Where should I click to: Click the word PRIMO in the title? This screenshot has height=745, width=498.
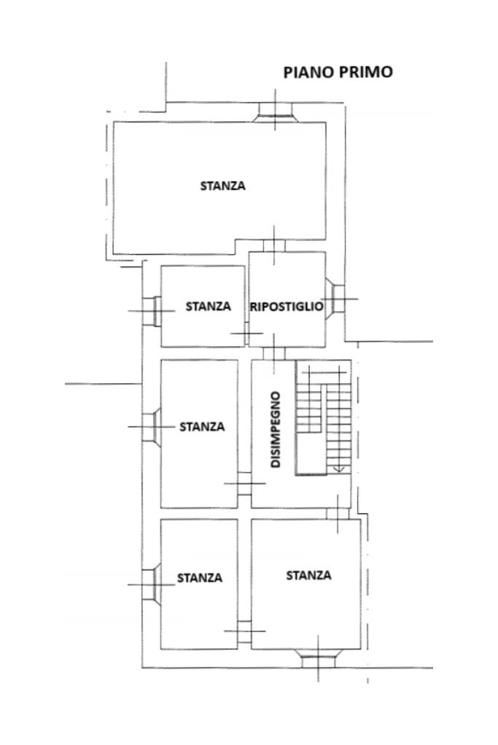[x=366, y=72]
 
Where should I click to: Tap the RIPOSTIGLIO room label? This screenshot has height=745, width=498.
[x=287, y=307]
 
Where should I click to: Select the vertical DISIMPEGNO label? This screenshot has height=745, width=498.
[x=276, y=430]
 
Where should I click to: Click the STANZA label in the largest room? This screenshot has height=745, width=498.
[x=222, y=186]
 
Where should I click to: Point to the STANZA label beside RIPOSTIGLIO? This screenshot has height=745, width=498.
[x=209, y=307]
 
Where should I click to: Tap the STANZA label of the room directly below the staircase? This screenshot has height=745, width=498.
[x=308, y=575]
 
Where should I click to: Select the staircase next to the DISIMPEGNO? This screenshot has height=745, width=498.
[x=324, y=418]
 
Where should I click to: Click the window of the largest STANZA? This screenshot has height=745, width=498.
[x=275, y=113]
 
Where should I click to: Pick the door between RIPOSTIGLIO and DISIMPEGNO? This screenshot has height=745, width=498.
[x=274, y=353]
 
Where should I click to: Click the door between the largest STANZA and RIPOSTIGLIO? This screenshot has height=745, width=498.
[x=274, y=245]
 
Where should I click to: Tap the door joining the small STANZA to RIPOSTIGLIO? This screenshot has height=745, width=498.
[x=247, y=333]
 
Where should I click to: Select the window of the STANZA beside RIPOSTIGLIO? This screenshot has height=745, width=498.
[x=152, y=311]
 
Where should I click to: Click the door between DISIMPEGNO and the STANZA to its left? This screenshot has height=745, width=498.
[x=244, y=484]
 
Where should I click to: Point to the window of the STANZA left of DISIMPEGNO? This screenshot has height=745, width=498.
[x=152, y=427]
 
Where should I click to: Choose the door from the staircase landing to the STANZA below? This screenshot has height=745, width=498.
[x=338, y=513]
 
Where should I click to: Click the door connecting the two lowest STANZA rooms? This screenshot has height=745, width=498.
[x=244, y=631]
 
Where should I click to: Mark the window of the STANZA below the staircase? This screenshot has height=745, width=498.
[x=318, y=658]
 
